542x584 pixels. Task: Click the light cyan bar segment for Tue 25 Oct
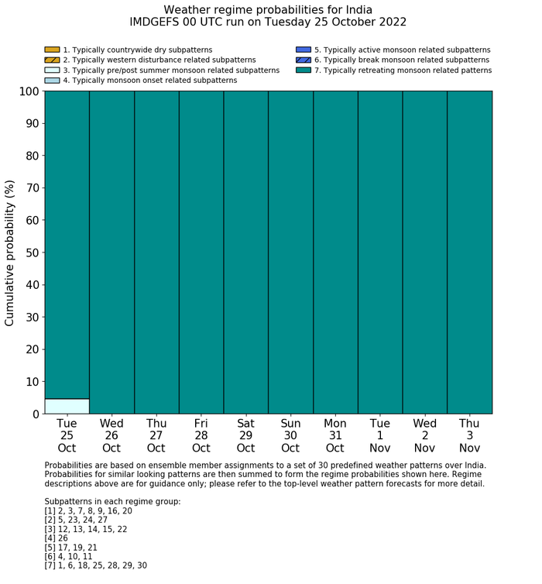click(67, 406)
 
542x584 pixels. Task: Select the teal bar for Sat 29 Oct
click(245, 252)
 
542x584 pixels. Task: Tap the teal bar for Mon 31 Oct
click(335, 252)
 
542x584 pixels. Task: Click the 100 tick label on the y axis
click(29, 91)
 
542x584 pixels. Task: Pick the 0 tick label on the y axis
click(35, 414)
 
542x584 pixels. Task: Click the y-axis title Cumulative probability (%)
click(10, 252)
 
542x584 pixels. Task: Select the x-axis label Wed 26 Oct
click(111, 435)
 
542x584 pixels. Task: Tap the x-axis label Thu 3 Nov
click(469, 435)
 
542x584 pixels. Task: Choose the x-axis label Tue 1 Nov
click(379, 435)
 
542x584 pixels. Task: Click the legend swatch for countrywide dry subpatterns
click(52, 50)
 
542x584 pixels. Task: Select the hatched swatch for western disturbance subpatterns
click(52, 60)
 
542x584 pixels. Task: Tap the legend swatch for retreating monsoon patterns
click(303, 70)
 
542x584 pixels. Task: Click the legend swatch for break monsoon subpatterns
click(303, 60)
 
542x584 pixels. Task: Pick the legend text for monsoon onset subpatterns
click(149, 81)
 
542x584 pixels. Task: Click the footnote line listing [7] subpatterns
click(95, 565)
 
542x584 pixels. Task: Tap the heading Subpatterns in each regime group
click(112, 502)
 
